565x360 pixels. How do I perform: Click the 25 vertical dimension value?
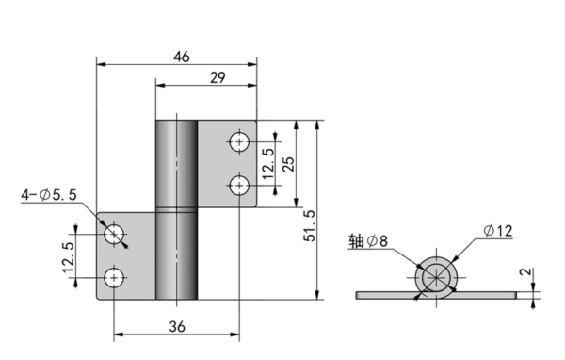(289, 163)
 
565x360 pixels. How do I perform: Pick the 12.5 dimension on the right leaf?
(269, 163)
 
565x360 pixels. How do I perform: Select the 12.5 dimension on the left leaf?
(69, 256)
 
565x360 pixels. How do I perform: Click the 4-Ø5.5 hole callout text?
(48, 195)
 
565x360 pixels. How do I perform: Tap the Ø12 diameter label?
(496, 230)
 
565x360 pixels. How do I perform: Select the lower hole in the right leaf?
(240, 185)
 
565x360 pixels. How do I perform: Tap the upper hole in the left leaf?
(115, 235)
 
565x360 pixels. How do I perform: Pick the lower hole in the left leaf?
(115, 277)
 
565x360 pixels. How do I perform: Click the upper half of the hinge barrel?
(176, 163)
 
